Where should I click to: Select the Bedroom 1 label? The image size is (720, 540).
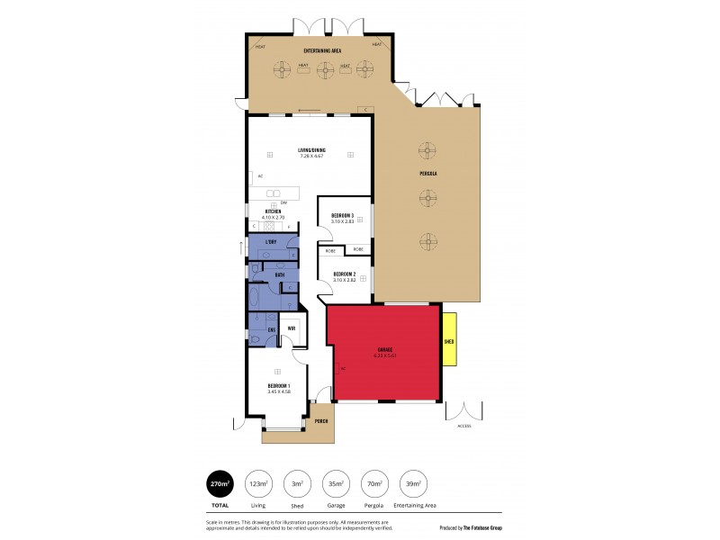pos(278,386)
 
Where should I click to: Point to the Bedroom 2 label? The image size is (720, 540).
pos(345,274)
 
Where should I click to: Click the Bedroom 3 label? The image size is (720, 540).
pos(343,216)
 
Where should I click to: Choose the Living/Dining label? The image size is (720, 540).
pos(310,150)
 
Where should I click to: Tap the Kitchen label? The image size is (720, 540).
pos(272,211)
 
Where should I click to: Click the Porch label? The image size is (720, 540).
pos(320,420)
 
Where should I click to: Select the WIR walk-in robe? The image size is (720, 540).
pos(291,328)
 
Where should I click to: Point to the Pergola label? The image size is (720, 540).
pos(428,171)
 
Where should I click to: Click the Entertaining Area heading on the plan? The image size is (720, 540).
pos(321,51)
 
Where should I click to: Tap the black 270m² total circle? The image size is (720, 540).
pos(220,484)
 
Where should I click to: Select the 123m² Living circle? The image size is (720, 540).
pos(258,484)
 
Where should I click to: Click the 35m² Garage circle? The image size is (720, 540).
pos(335,484)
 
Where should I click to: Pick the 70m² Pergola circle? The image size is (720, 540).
pos(373,484)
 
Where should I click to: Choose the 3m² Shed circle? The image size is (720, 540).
pos(296,484)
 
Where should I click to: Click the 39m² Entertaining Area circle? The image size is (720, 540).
pos(412,484)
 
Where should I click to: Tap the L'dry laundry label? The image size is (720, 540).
pos(270,243)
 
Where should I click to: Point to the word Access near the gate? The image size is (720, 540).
pos(463,426)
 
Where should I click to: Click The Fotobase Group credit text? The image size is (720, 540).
pos(487,528)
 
